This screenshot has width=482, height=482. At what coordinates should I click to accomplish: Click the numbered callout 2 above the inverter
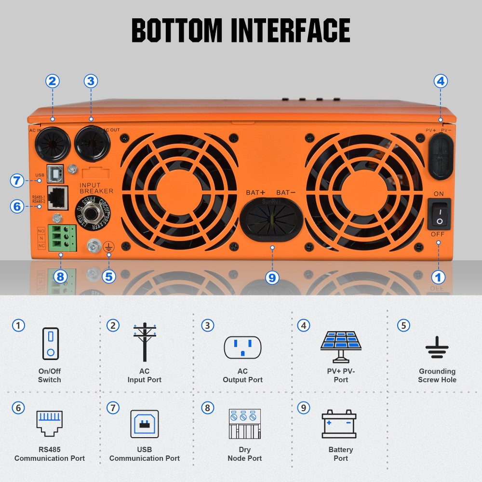click(x=53, y=81)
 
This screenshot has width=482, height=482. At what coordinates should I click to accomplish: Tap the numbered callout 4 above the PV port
click(x=440, y=81)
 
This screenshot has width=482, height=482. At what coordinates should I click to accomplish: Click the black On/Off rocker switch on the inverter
click(x=439, y=214)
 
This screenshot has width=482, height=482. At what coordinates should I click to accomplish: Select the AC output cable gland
click(x=92, y=143)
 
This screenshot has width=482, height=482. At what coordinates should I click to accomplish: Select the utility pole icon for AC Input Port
click(x=145, y=342)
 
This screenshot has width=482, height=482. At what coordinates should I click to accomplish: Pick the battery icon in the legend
click(x=339, y=424)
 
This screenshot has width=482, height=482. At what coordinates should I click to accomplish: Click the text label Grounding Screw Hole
click(x=437, y=375)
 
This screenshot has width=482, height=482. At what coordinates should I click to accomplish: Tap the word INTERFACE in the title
click(x=291, y=30)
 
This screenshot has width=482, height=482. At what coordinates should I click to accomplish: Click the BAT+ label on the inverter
click(x=256, y=192)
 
